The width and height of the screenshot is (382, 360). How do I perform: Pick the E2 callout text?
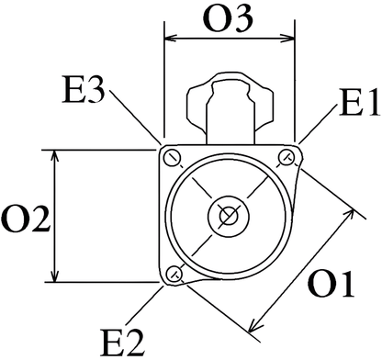tap(122, 342)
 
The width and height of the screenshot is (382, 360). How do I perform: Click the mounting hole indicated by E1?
tap(288, 155)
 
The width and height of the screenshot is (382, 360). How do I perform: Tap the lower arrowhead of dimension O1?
tap(252, 326)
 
